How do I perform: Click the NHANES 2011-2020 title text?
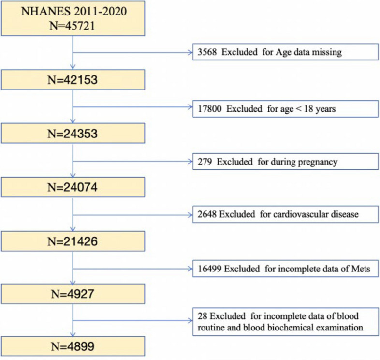[x=73, y=12]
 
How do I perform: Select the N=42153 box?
[x=73, y=80]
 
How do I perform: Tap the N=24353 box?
[x=73, y=133]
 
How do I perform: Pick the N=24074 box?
[x=73, y=187]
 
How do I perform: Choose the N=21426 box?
[x=73, y=241]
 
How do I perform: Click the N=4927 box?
[x=73, y=294]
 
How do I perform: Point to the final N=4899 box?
[x=73, y=346]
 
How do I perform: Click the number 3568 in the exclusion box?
[x=207, y=52]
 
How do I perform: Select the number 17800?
[x=210, y=109]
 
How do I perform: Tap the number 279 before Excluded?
[x=205, y=162]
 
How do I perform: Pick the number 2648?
[x=207, y=214]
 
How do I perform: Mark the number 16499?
[x=210, y=269]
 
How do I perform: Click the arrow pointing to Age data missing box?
[x=133, y=52]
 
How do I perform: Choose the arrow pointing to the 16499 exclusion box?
[x=133, y=269]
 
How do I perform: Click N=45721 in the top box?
[x=72, y=26]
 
